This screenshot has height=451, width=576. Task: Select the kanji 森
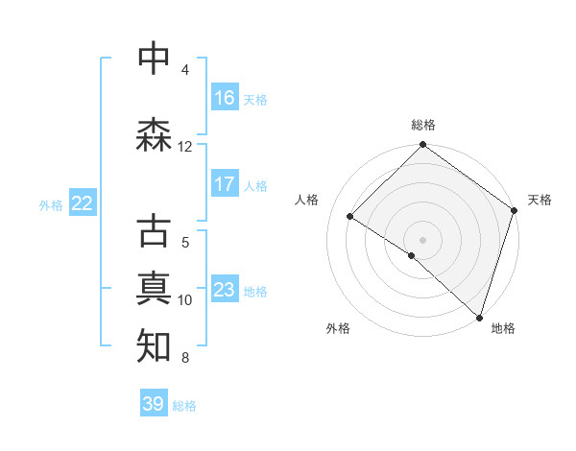point(155,135)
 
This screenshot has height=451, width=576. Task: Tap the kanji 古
point(155,231)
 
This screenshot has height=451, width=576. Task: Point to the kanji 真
point(155,289)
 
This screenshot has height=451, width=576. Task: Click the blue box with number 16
point(225,98)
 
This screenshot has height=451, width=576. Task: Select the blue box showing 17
point(225,184)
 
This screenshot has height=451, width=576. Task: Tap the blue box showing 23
point(225,290)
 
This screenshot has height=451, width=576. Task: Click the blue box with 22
point(83,203)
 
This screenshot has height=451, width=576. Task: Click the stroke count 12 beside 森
point(185,147)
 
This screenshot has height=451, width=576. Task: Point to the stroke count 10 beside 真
point(185,300)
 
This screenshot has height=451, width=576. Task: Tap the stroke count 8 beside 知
point(185,358)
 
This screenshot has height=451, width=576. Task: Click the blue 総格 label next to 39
point(185,406)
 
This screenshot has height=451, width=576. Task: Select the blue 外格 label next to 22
point(51,204)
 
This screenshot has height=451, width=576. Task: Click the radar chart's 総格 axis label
point(423,126)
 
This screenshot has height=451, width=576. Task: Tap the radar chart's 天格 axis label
point(540,200)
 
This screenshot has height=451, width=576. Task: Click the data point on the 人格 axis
point(350,216)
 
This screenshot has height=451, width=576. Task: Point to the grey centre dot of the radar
point(422,239)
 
